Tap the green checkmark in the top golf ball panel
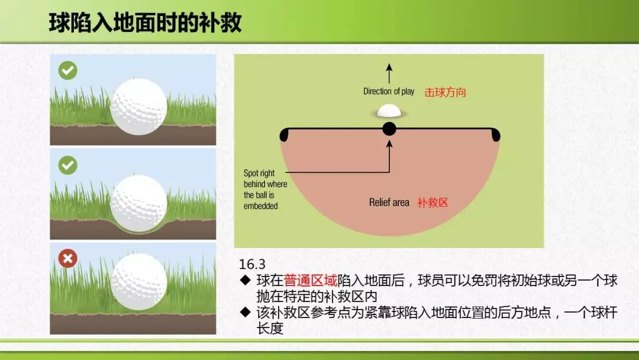coord(67,70)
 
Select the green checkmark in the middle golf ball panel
coord(67,165)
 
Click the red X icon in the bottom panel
coord(67,259)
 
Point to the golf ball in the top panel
coord(139,107)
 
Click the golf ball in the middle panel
coord(139,204)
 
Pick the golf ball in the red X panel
coord(139,281)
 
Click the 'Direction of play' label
coord(388,91)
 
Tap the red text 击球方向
coord(445,92)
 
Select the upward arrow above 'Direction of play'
coord(389,73)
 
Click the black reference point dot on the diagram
coord(389,129)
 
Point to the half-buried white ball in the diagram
coord(389,111)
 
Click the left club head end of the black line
coord(283,135)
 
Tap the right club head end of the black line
coord(496,135)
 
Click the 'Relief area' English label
coord(389,202)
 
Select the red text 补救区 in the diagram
coord(433,202)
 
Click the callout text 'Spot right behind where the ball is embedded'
coord(265,189)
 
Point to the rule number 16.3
coord(252,264)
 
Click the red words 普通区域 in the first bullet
coord(310,281)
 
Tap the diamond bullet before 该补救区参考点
coord(246,312)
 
